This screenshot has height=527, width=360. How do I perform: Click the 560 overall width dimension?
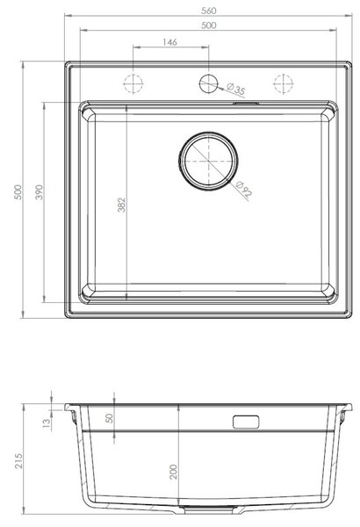click(x=208, y=11)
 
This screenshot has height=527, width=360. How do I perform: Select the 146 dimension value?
click(x=169, y=42)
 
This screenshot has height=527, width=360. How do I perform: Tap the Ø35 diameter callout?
click(x=236, y=89)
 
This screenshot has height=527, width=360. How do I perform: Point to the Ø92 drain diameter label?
click(x=244, y=189)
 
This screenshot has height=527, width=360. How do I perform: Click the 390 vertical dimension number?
click(x=40, y=191)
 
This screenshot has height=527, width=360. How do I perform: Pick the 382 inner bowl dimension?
click(x=121, y=205)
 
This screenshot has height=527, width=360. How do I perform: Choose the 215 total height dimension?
click(x=18, y=461)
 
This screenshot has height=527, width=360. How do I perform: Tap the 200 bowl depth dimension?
click(x=173, y=472)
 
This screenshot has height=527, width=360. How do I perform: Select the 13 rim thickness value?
click(x=47, y=422)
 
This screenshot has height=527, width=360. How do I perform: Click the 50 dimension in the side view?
click(x=110, y=418)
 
